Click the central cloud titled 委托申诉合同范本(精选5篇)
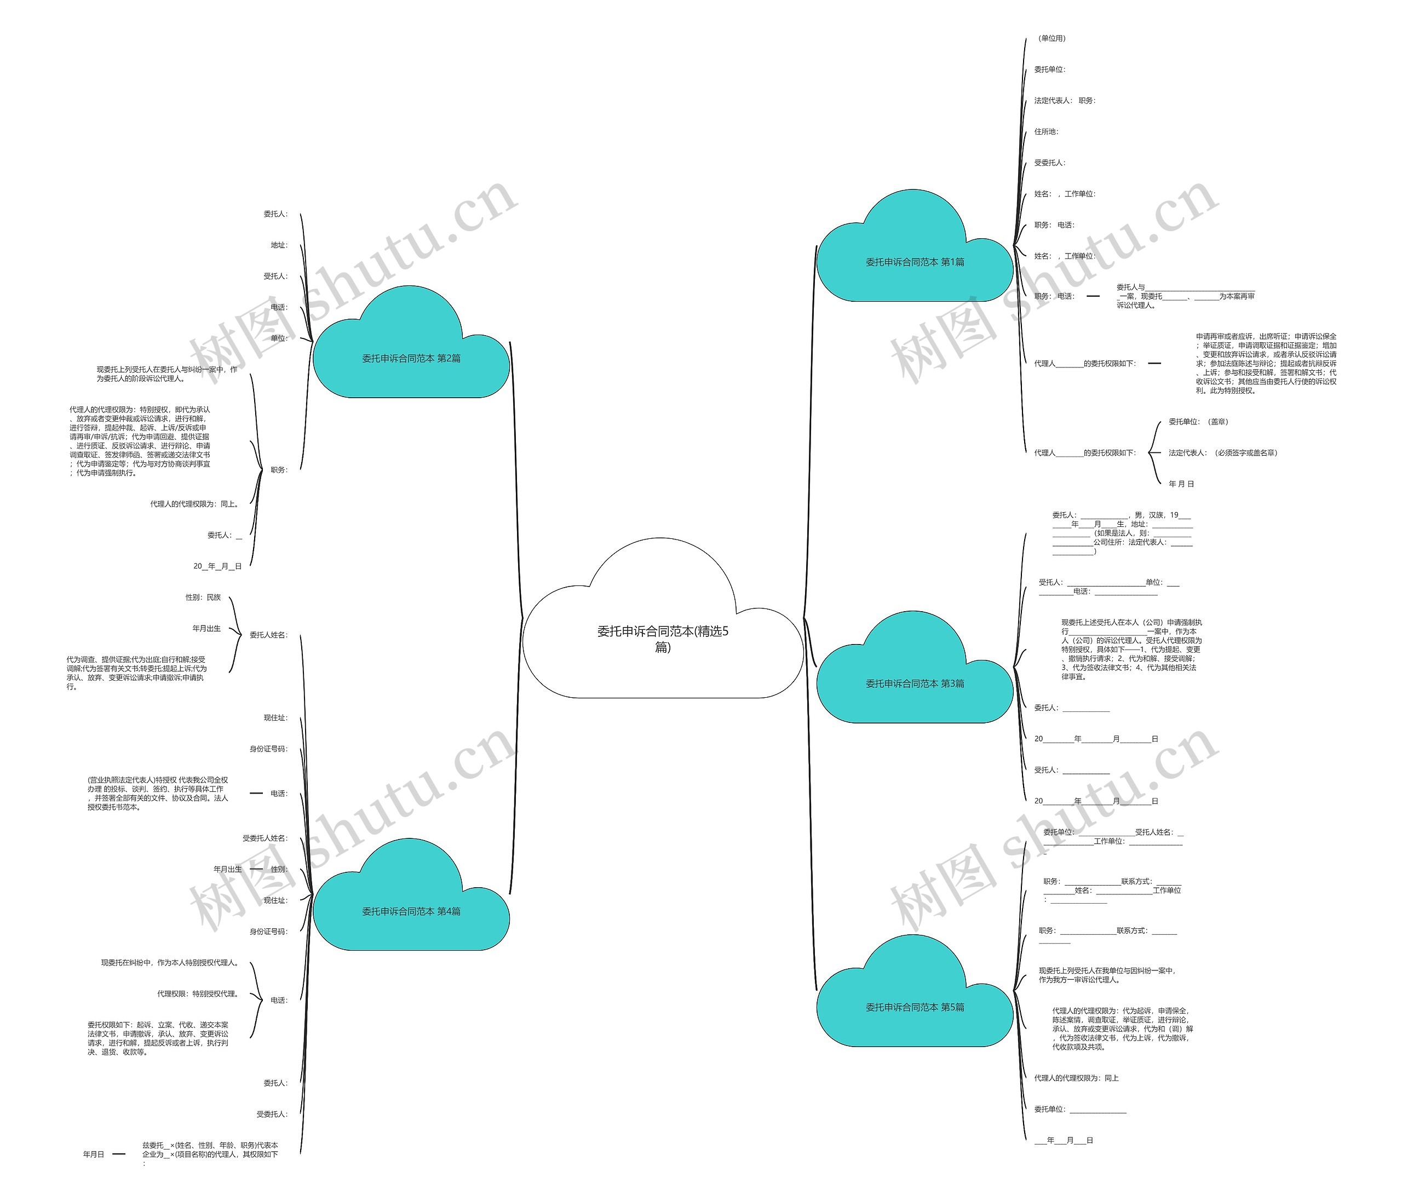663,638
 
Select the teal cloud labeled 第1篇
915,262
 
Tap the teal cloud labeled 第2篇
411,359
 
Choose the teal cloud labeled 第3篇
915,683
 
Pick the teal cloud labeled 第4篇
411,911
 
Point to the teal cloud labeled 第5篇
915,1007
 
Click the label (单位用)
1051,38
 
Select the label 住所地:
1046,132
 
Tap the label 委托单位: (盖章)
1198,422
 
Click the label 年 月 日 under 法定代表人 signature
1181,484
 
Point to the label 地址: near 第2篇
279,245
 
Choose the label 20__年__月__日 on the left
217,566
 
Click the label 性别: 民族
203,597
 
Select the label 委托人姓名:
269,635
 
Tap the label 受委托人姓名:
265,838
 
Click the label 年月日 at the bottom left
94,1154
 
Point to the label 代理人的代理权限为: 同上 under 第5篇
1076,1078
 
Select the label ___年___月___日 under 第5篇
1063,1140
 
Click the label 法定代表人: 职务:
1064,101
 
